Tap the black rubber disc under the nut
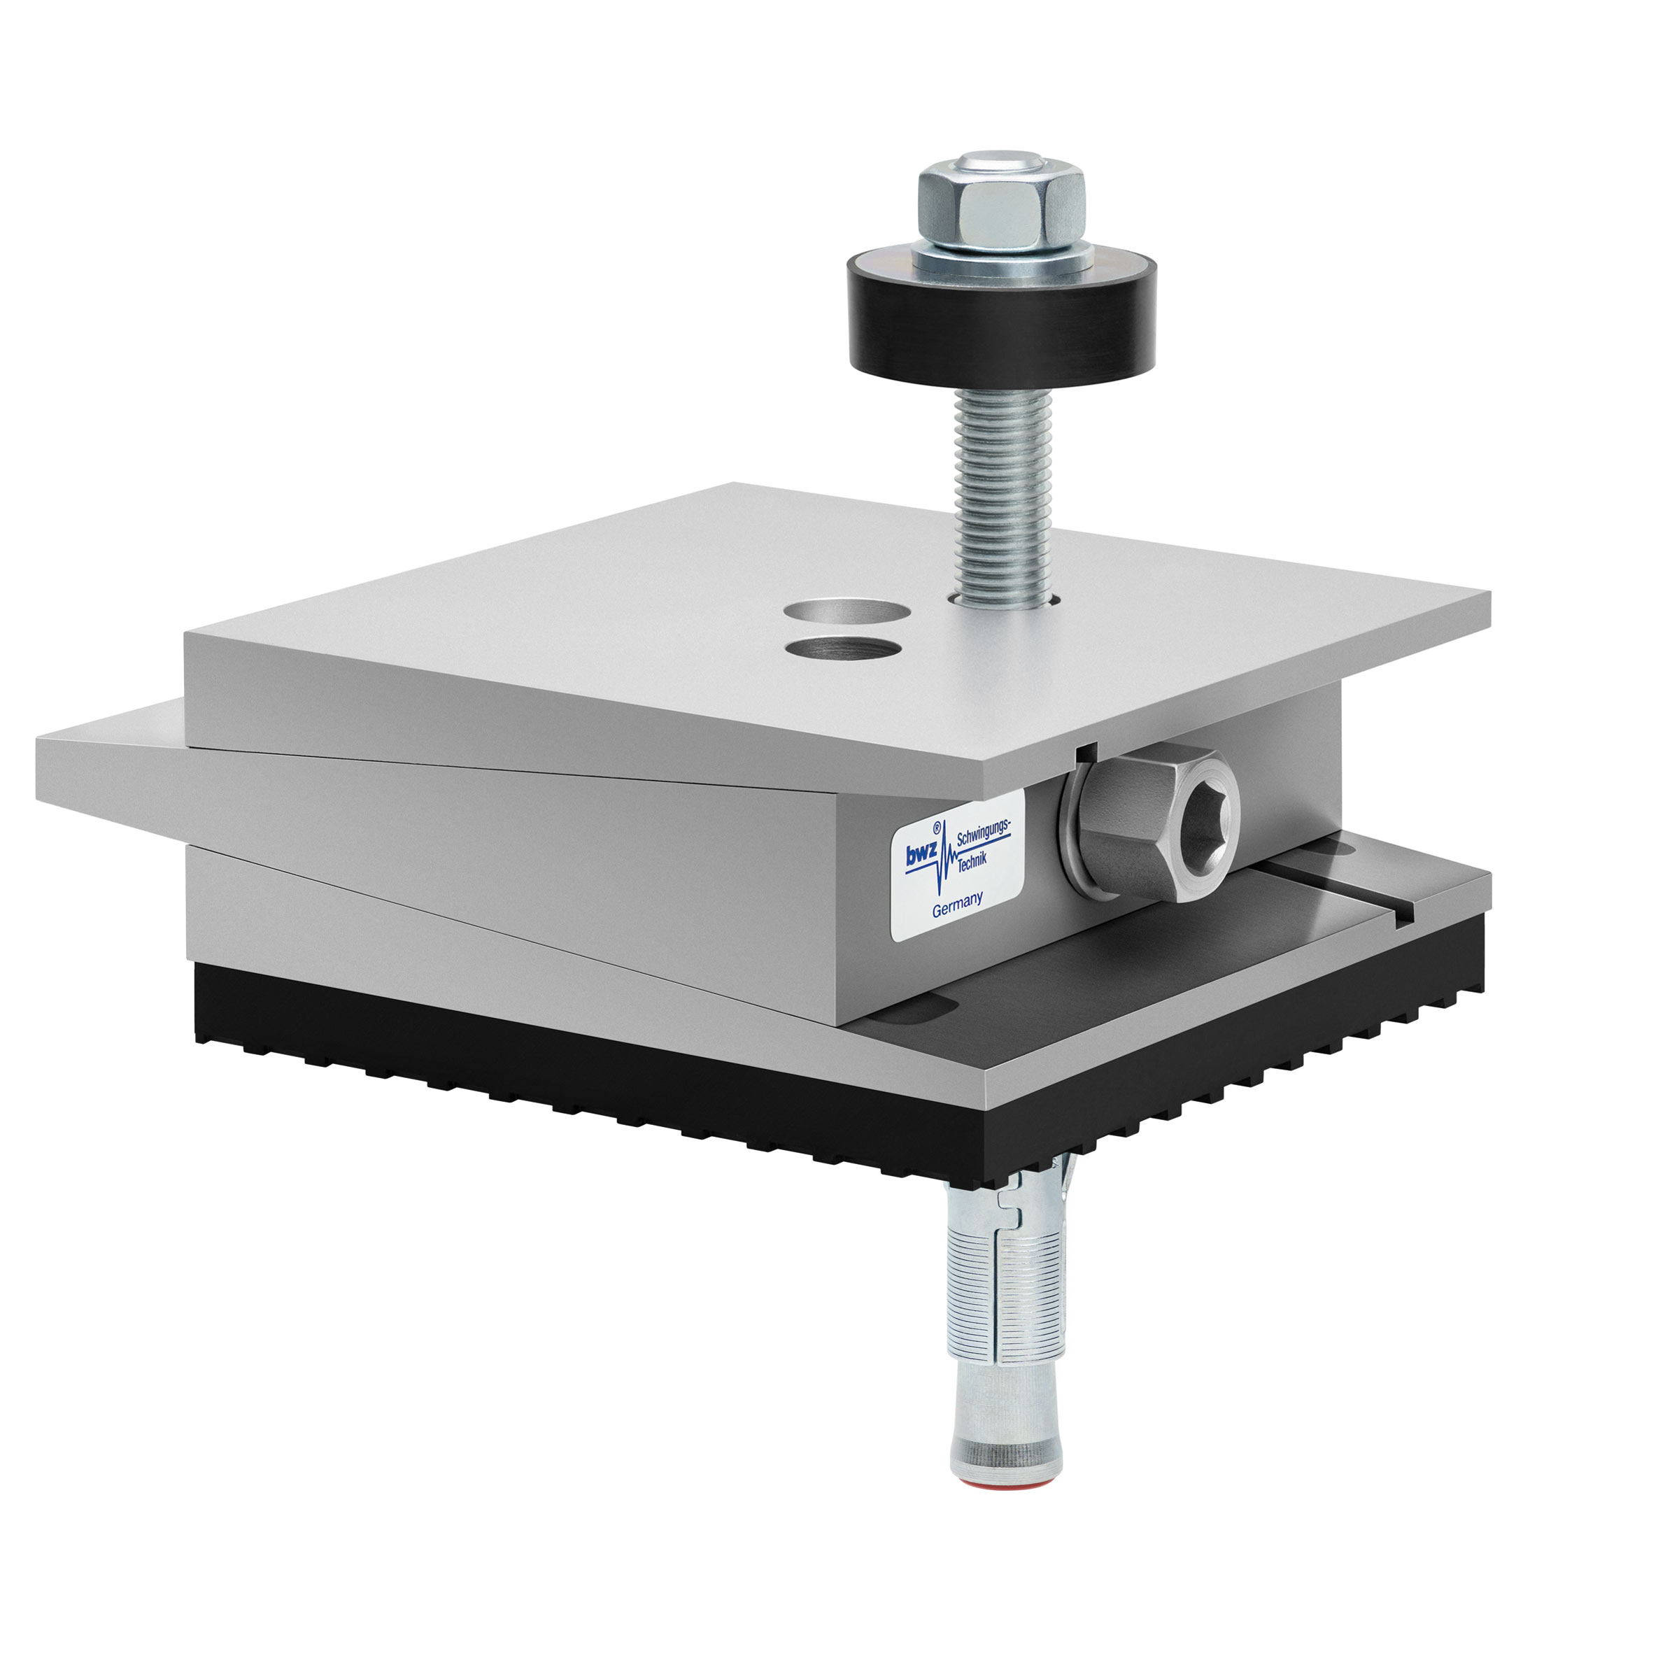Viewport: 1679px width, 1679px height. click(1002, 322)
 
